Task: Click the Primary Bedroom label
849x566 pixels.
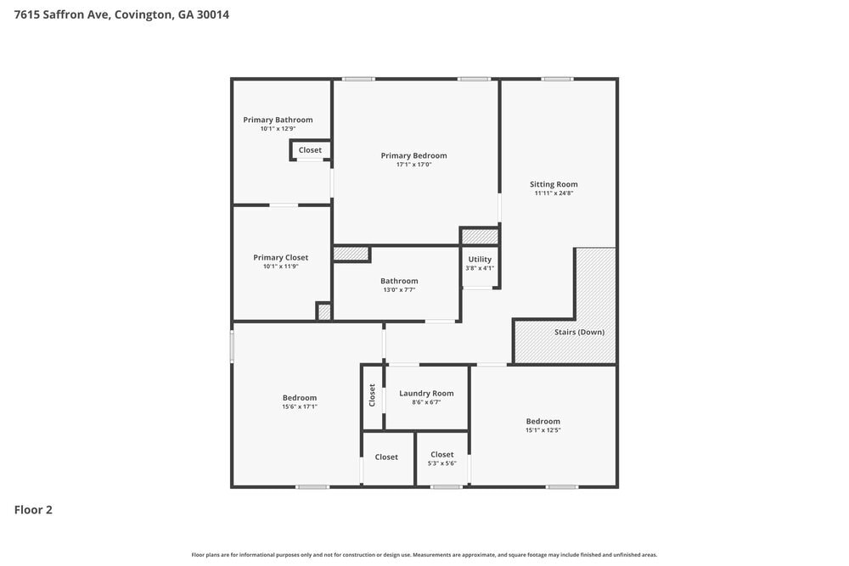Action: (x=413, y=155)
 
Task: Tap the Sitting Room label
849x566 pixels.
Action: (x=554, y=184)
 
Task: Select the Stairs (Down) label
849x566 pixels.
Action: (x=579, y=332)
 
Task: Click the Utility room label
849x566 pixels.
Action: (x=480, y=260)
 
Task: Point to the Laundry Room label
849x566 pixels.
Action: (x=426, y=393)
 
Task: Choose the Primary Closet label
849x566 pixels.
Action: (x=280, y=257)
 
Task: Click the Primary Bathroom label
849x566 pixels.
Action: (x=278, y=120)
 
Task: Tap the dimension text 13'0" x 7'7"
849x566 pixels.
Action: (x=399, y=290)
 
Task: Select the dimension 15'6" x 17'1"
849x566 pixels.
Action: (x=300, y=406)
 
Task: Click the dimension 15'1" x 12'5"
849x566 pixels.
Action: (x=543, y=430)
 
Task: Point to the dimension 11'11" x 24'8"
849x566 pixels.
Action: (x=554, y=193)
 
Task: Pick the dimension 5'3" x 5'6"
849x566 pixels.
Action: (x=441, y=462)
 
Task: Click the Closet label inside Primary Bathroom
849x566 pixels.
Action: (x=310, y=150)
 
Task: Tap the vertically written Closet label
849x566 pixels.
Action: (x=372, y=395)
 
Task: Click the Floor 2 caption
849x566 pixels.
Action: (x=33, y=510)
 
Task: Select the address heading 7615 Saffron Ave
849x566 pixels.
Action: (x=121, y=14)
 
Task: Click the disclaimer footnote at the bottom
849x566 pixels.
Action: (x=424, y=554)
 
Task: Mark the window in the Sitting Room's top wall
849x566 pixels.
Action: (x=557, y=79)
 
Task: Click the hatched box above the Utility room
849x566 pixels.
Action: (x=480, y=236)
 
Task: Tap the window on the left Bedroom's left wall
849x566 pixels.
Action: (x=232, y=346)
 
